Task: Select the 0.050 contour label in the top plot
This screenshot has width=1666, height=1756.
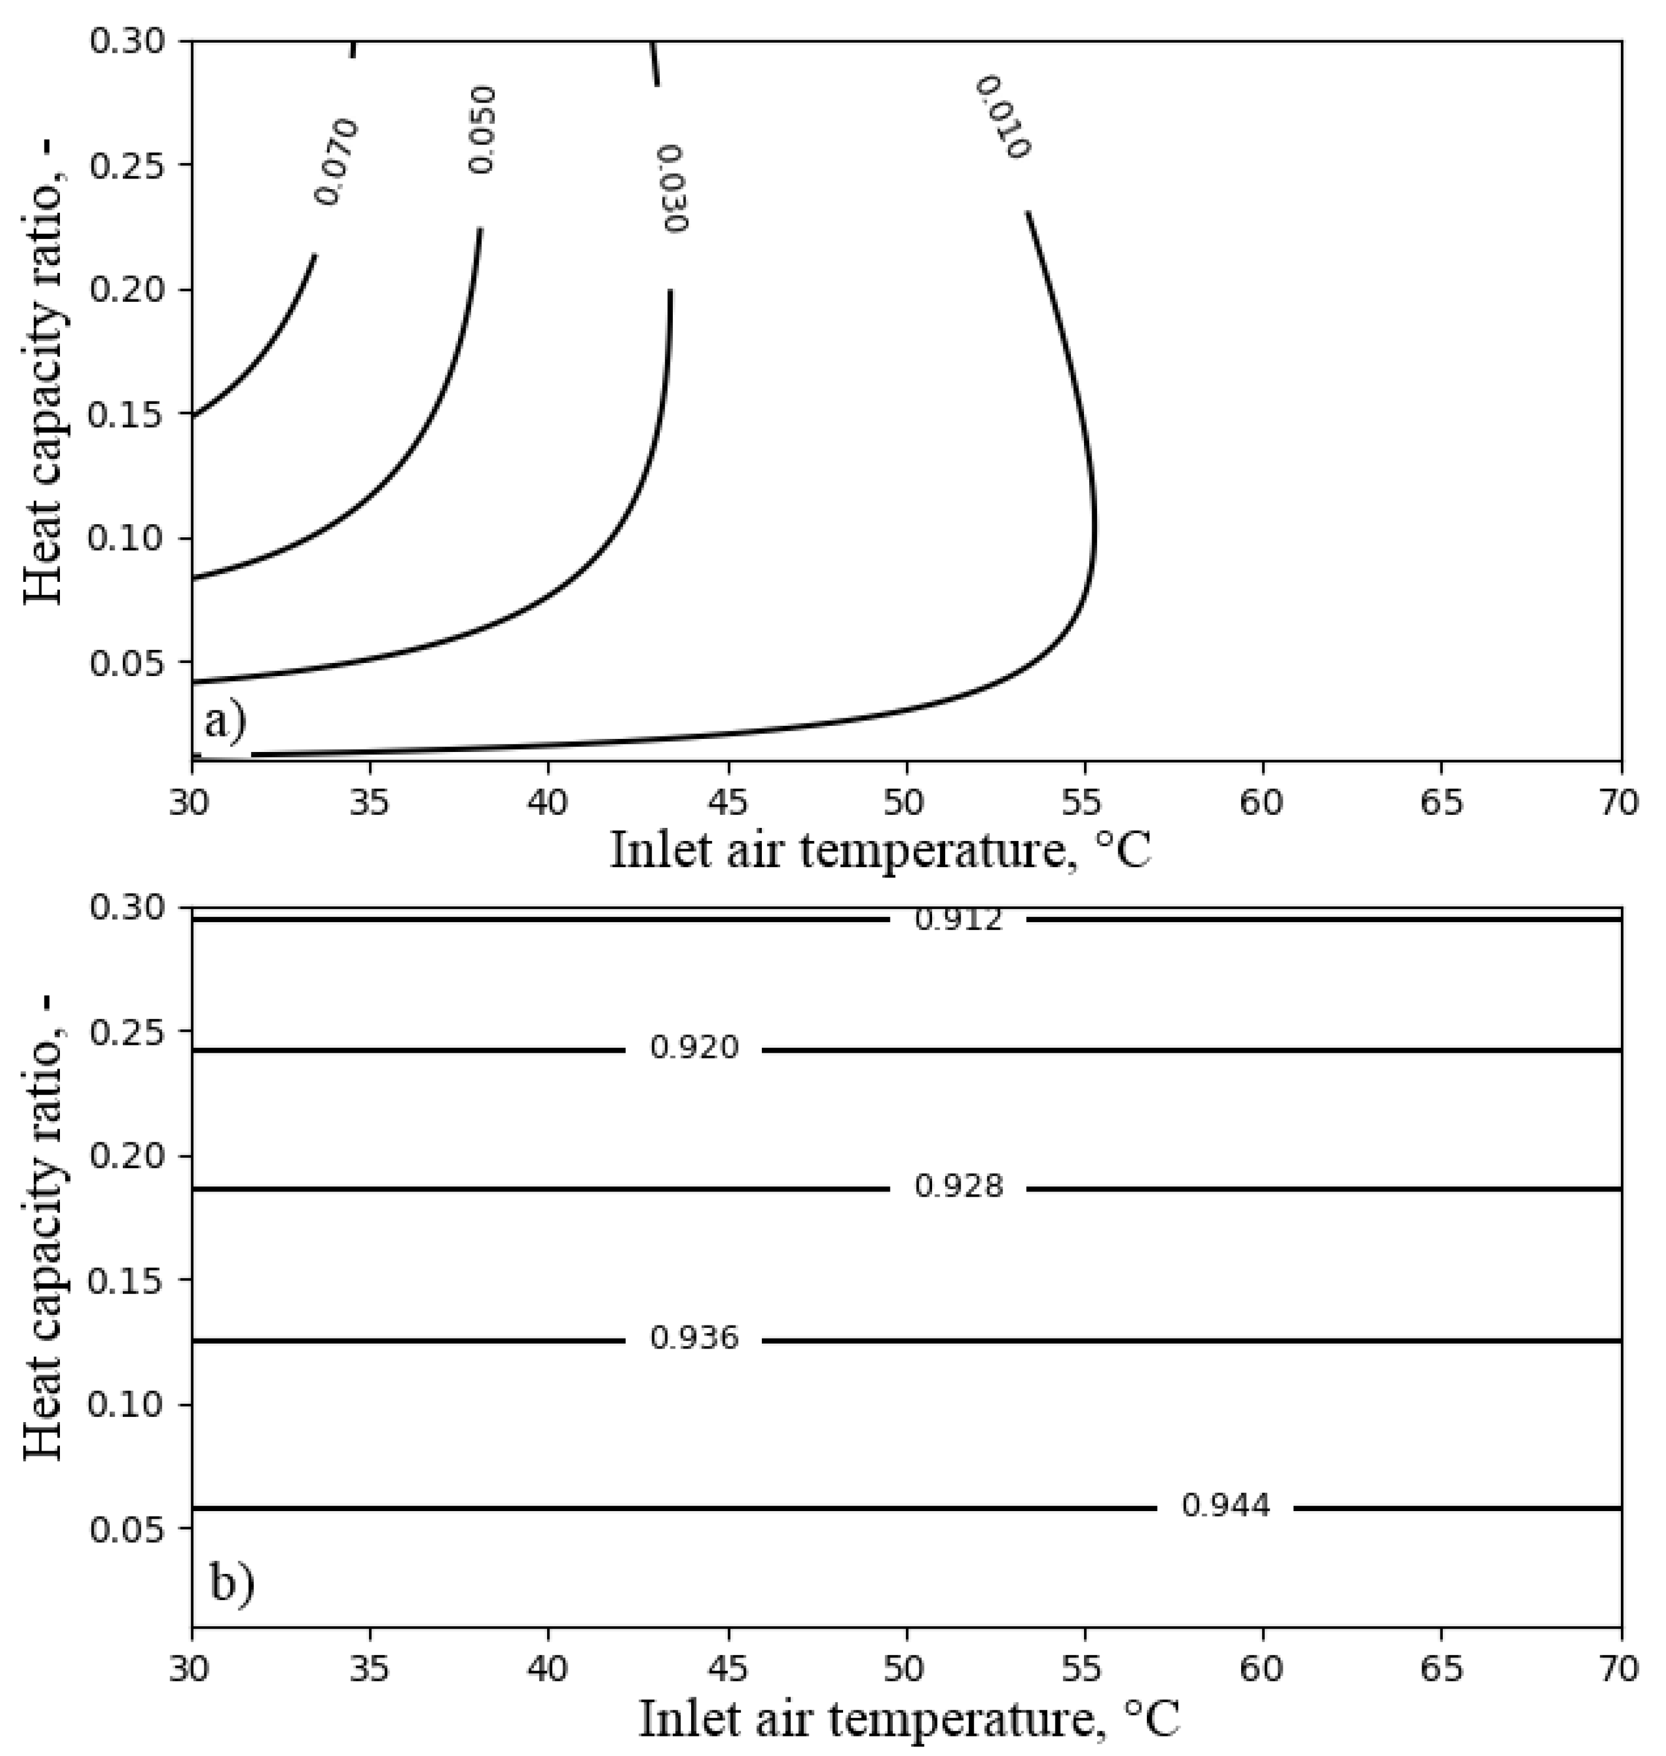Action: tap(481, 130)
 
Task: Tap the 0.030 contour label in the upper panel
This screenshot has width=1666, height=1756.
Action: tap(674, 188)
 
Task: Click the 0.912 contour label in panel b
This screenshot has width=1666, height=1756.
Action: tap(958, 920)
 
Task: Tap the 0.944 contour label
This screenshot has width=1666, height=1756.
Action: tap(1226, 1506)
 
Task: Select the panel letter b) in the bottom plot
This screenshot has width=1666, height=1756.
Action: tap(231, 1584)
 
